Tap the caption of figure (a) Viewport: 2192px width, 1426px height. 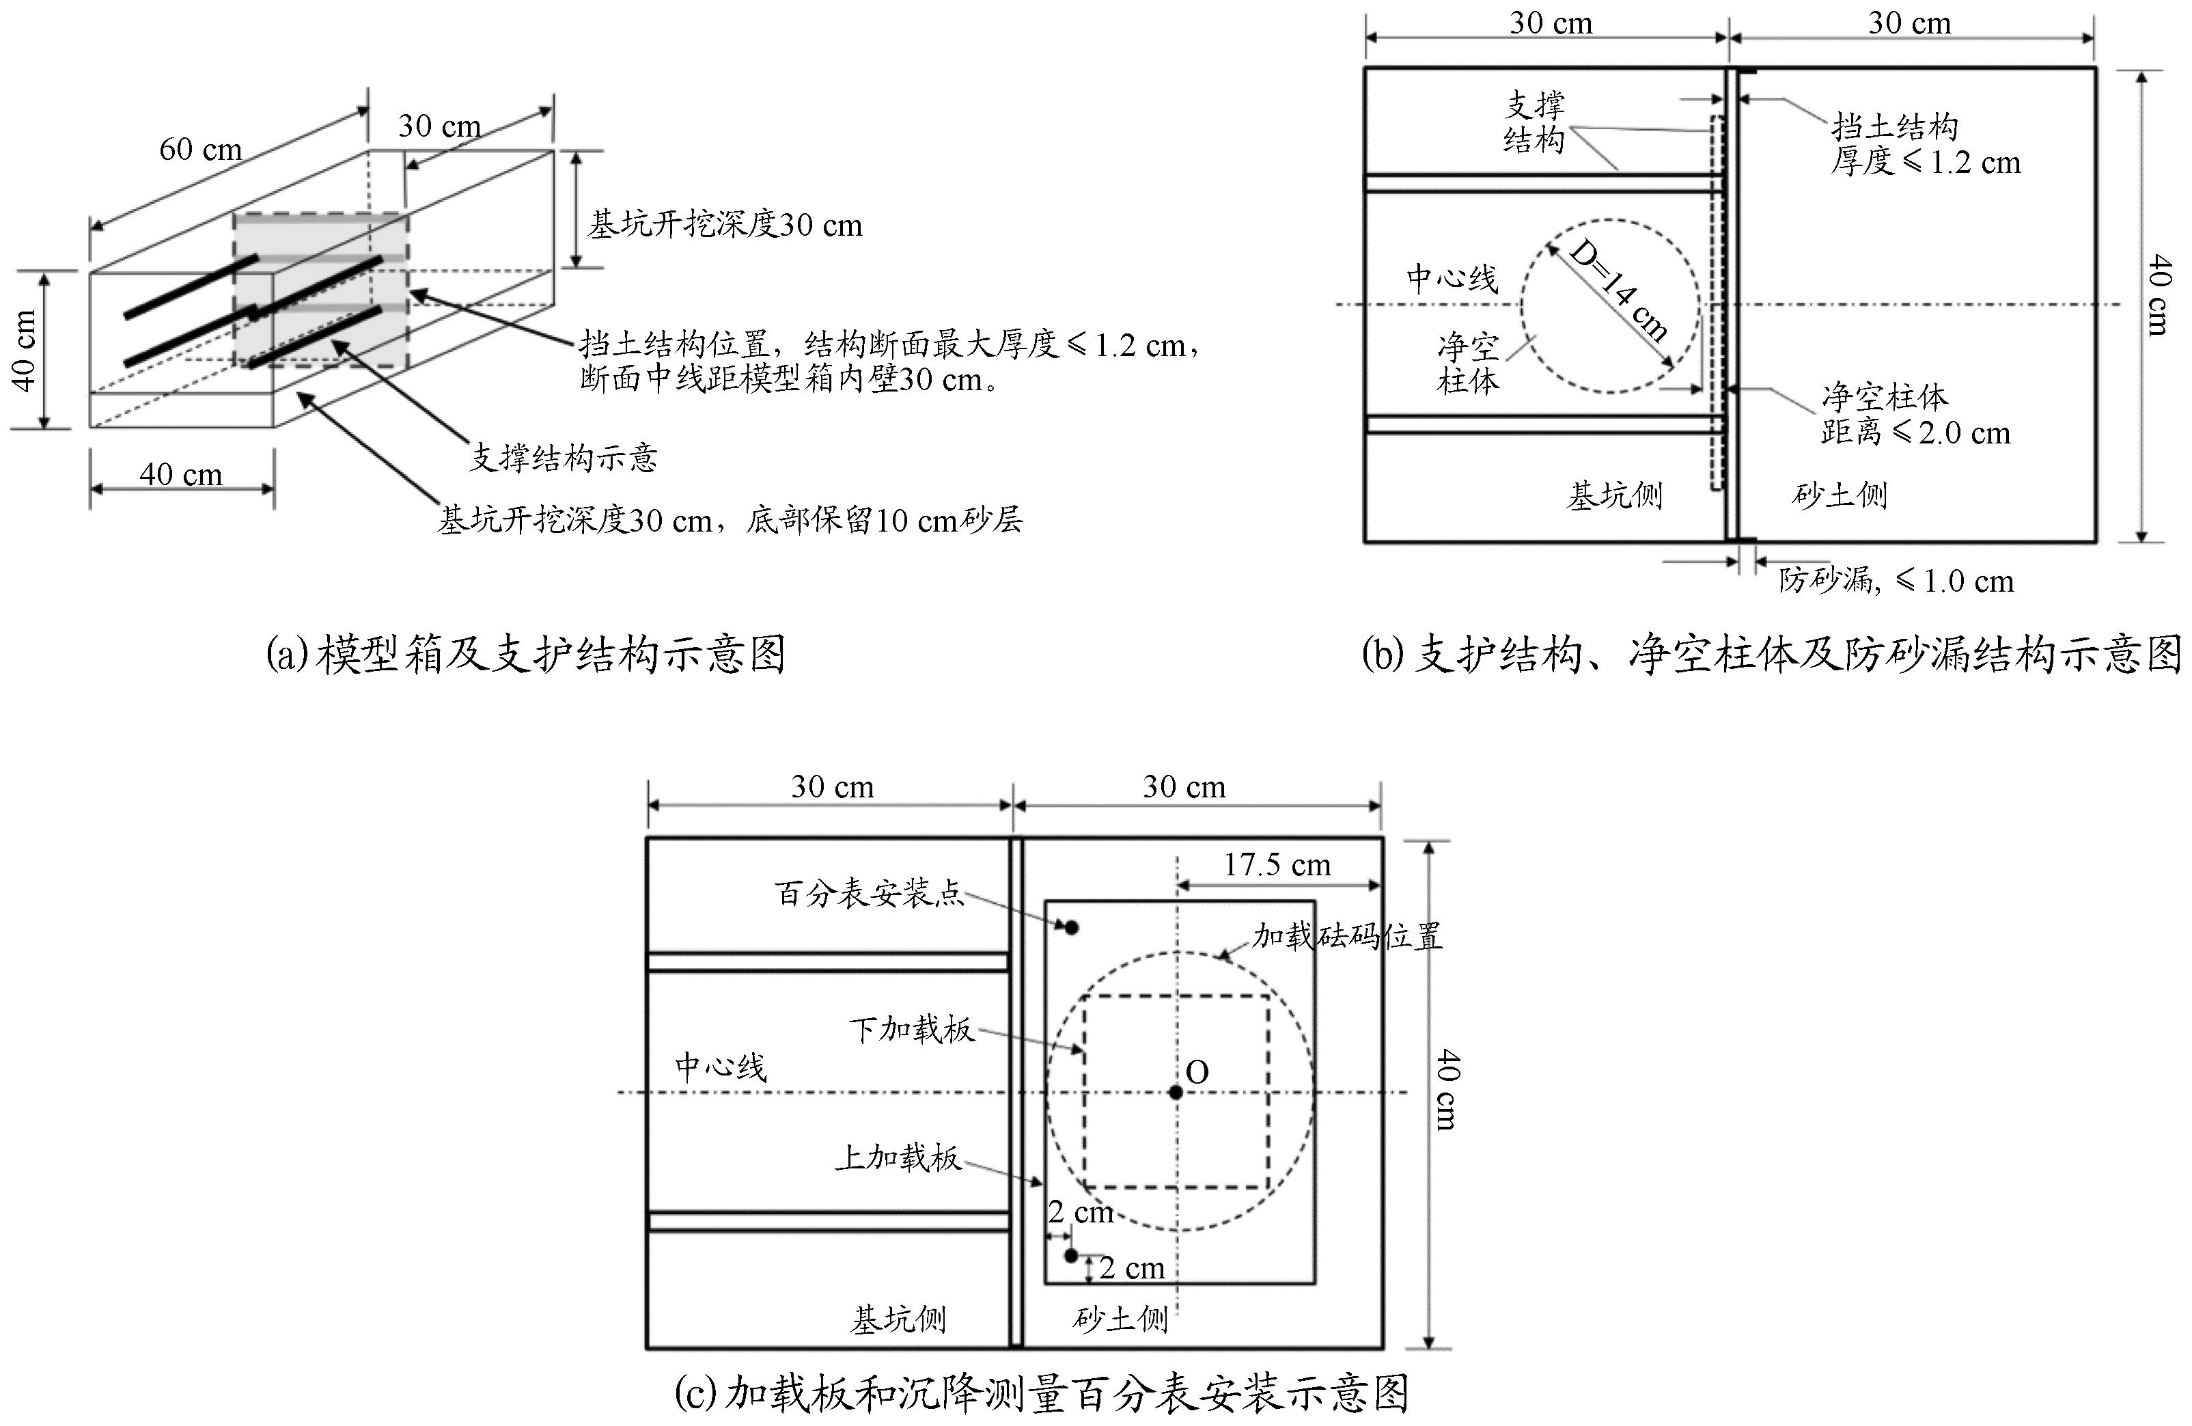point(526,655)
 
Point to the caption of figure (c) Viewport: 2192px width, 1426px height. point(1042,1393)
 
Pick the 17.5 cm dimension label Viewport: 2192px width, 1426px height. point(1277,865)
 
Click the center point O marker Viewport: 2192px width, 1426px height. point(1176,1093)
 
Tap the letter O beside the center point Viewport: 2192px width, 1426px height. point(1197,1071)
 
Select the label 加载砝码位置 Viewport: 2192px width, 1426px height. point(1346,937)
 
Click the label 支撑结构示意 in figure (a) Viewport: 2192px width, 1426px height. point(564,458)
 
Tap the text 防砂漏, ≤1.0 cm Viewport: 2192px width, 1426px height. point(1896,580)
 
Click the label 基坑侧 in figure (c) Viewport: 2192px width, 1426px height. point(898,1320)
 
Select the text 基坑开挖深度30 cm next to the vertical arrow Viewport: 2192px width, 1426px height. point(725,225)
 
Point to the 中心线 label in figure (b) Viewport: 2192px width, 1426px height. point(1452,278)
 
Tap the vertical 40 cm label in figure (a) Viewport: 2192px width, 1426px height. point(25,350)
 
